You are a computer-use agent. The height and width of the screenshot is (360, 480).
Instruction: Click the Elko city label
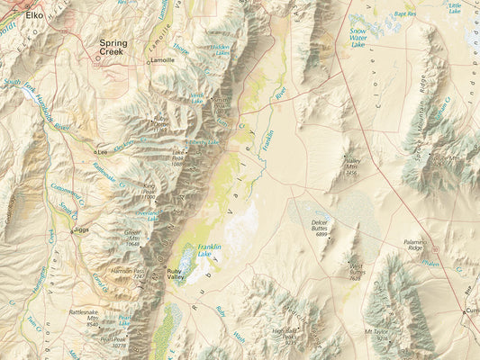click(34, 15)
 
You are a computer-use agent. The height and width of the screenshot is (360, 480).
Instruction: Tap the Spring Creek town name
click(113, 48)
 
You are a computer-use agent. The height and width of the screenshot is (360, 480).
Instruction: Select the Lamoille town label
click(163, 60)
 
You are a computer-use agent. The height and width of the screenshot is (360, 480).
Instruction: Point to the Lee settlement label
click(103, 152)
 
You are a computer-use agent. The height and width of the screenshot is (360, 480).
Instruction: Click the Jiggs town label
click(82, 229)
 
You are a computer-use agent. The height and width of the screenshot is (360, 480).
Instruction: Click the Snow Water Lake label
click(364, 36)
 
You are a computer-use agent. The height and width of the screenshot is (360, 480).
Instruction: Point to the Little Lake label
click(455, 8)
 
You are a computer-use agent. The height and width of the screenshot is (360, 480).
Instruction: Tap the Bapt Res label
click(405, 14)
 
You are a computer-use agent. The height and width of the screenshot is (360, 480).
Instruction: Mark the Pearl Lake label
click(124, 319)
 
